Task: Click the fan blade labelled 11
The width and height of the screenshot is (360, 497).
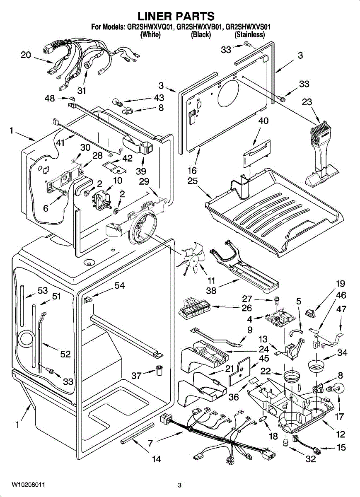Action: coord(191,258)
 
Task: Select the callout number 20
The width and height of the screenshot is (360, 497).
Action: coord(26,55)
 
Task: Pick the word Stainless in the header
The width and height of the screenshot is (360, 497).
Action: coord(249,35)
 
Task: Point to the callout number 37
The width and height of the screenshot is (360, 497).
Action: coord(136,375)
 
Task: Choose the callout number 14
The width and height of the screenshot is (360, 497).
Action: coord(156,459)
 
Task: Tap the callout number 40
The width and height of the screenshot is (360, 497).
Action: coord(263,121)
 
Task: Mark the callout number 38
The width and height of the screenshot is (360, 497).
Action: coord(211,291)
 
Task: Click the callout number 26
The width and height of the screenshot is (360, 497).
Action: coord(246,308)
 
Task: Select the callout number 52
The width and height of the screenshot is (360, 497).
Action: coord(65,355)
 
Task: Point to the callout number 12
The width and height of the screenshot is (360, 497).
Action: coord(341,434)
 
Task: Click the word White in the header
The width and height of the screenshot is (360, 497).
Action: coord(150,35)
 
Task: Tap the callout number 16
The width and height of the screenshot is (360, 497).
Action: coord(191,170)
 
